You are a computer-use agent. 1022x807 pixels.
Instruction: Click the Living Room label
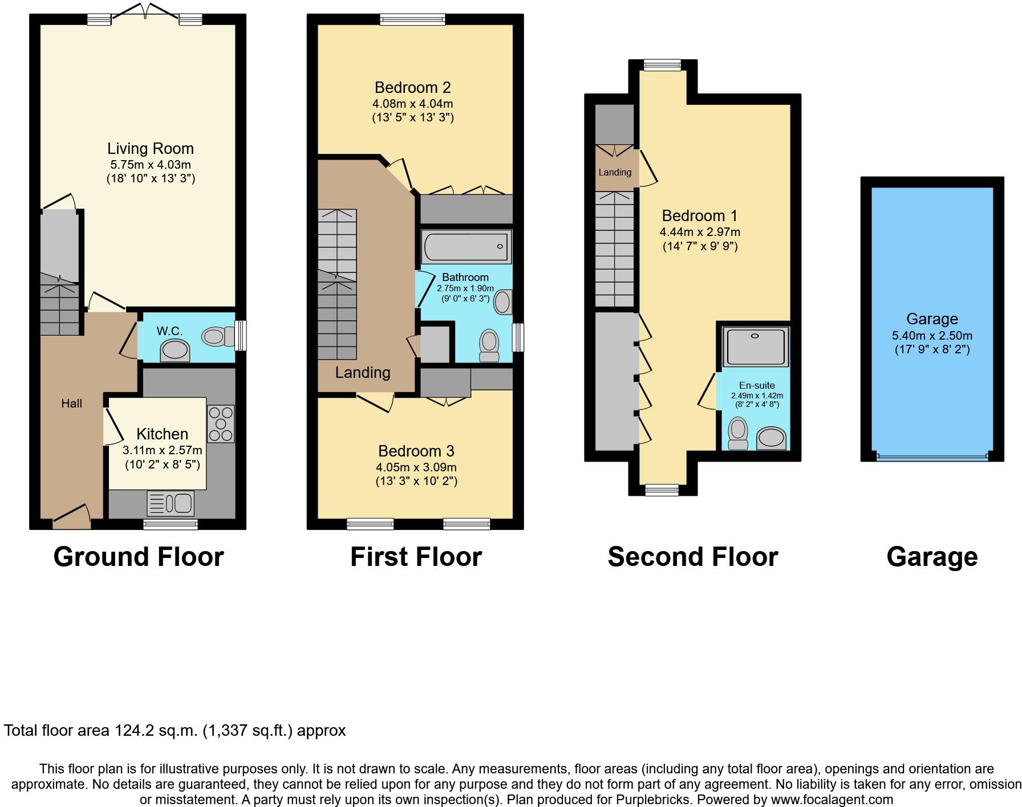point(151,149)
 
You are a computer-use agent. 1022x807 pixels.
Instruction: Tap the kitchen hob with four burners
point(221,423)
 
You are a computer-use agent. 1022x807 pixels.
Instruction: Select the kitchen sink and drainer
point(171,503)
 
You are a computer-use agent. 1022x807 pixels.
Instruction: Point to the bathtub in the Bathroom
point(467,247)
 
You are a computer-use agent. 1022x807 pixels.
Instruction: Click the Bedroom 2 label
point(412,88)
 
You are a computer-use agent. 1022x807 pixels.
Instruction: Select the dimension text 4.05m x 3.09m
point(416,467)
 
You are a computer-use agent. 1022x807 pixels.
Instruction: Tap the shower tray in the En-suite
point(755,346)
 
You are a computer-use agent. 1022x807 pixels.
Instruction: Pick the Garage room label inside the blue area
point(932,319)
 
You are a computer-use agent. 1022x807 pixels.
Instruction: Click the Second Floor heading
point(692,557)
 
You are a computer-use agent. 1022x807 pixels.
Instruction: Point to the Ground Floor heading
point(139,557)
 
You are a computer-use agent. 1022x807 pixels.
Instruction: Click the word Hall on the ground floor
point(72,403)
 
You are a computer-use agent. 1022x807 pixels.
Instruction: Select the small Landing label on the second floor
point(615,172)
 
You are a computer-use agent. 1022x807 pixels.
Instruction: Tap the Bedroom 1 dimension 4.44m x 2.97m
point(700,232)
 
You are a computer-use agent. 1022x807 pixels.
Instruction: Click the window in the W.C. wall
point(241,336)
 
